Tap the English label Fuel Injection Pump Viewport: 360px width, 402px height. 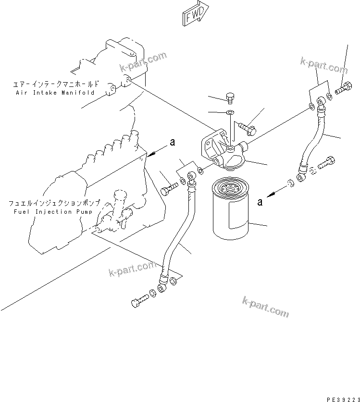pyautogui.click(x=56, y=211)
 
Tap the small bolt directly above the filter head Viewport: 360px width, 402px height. pyautogui.click(x=230, y=98)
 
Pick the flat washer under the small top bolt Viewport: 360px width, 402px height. pyautogui.click(x=230, y=113)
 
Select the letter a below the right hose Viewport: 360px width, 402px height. pyautogui.click(x=260, y=203)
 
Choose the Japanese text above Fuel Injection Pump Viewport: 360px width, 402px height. pyautogui.click(x=56, y=204)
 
